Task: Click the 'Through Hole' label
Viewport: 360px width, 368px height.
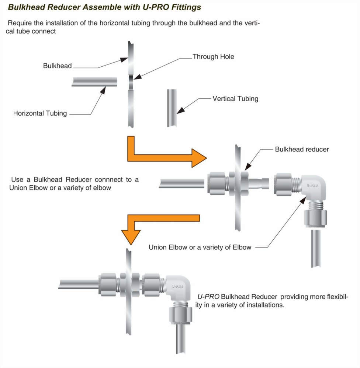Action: [x=213, y=57]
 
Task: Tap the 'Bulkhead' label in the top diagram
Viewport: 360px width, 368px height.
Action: [x=57, y=66]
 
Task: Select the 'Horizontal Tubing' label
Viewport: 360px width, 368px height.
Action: [x=40, y=113]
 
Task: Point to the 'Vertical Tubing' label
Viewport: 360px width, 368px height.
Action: [x=235, y=99]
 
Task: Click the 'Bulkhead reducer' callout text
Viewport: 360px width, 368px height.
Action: [x=302, y=150]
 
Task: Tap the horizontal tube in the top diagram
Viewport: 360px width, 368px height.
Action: [x=94, y=81]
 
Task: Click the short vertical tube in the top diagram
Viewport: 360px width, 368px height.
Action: [x=172, y=108]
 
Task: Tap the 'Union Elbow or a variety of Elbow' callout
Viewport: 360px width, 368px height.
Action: [x=200, y=247]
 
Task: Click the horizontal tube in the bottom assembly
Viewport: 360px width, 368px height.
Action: [x=78, y=284]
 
